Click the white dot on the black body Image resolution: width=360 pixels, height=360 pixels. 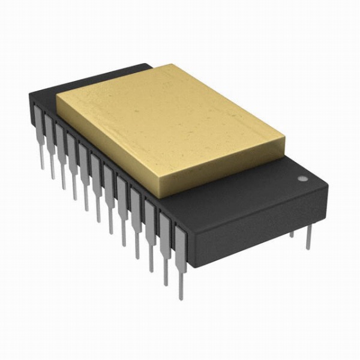coord(302,179)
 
